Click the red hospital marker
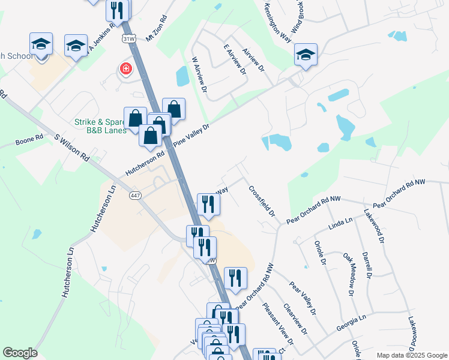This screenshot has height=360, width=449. [x=126, y=68]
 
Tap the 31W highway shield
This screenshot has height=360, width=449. [x=128, y=38]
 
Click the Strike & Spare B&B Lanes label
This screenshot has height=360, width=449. [x=100, y=125]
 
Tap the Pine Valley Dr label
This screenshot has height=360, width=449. [x=191, y=136]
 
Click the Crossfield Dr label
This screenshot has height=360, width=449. [x=262, y=201]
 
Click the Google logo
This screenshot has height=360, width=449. [x=20, y=353]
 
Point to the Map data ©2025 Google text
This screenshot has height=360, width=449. [x=411, y=355]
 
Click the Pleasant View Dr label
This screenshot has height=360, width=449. [x=277, y=325]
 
